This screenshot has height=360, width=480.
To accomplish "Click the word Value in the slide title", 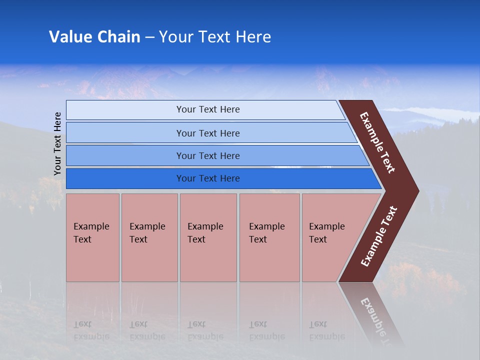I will coord(70,37).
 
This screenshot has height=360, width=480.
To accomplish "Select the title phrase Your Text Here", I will coord(214,37).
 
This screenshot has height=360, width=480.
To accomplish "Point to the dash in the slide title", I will coord(149,37).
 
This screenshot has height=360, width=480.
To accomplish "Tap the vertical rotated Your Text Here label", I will coord(57,143).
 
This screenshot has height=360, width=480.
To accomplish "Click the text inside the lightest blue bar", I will coord(208,109).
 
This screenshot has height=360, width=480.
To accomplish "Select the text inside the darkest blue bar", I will coord(208,178).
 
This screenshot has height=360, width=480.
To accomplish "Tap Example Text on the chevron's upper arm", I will coord(377,142).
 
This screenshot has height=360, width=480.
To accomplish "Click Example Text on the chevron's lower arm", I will coord(379,236).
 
